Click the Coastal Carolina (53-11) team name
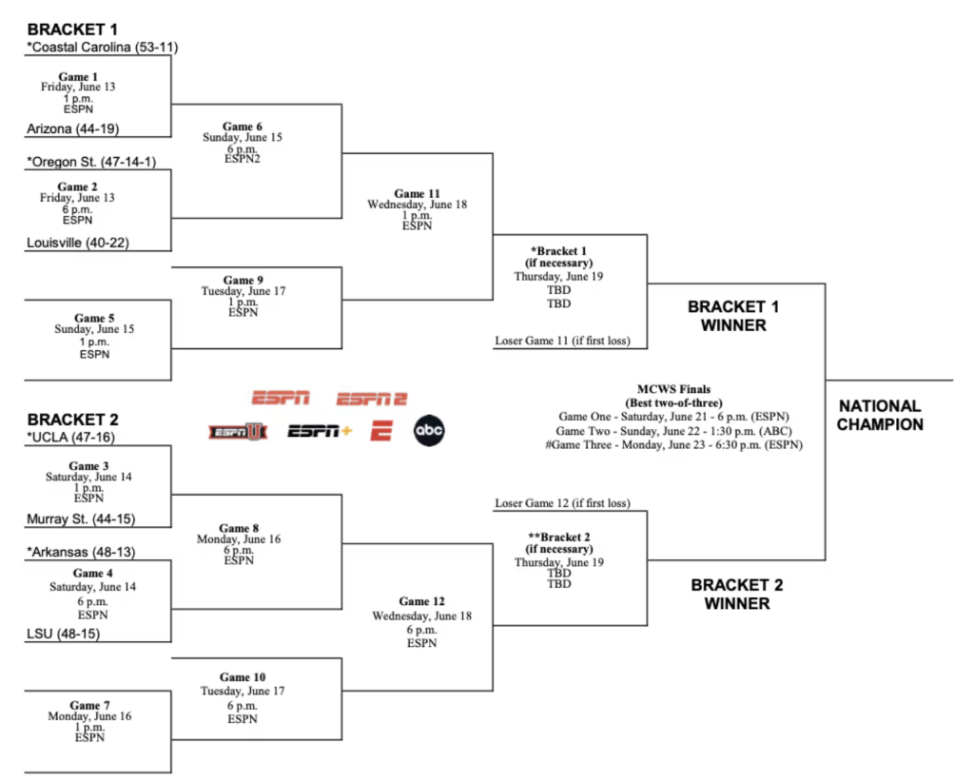(103, 48)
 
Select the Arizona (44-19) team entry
(72, 129)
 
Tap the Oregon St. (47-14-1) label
(91, 162)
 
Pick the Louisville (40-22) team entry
(78, 243)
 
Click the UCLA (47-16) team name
(70, 438)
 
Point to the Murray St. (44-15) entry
(81, 519)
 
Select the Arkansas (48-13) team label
(81, 552)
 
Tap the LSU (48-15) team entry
(63, 635)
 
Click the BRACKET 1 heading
(72, 29)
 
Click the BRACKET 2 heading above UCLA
(72, 420)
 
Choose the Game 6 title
(243, 127)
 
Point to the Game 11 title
(417, 194)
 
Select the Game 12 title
(421, 601)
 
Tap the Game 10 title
(243, 677)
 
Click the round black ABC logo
(429, 430)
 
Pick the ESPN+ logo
(320, 431)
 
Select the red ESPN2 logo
(372, 399)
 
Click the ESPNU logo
(238, 432)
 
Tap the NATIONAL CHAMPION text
(880, 416)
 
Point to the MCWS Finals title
(674, 389)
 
